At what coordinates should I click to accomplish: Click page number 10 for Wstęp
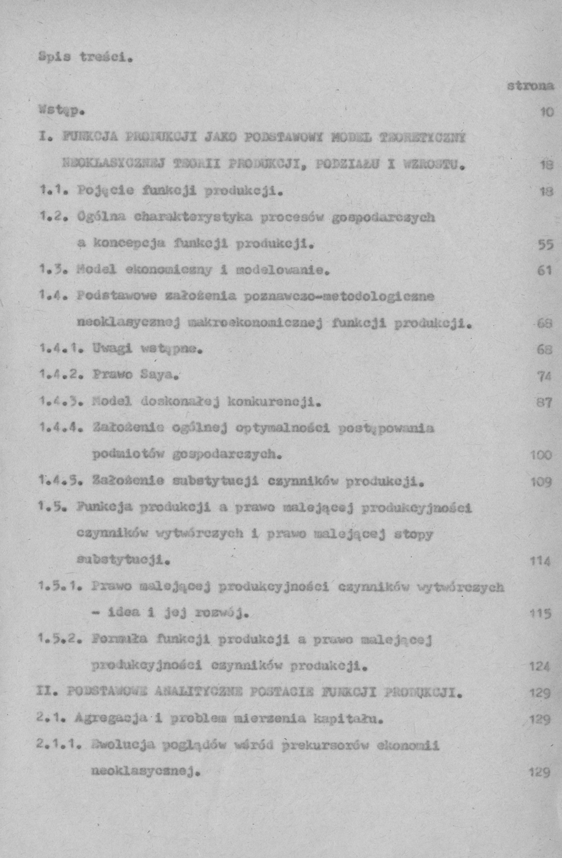click(x=546, y=113)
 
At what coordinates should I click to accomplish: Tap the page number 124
click(x=539, y=666)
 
